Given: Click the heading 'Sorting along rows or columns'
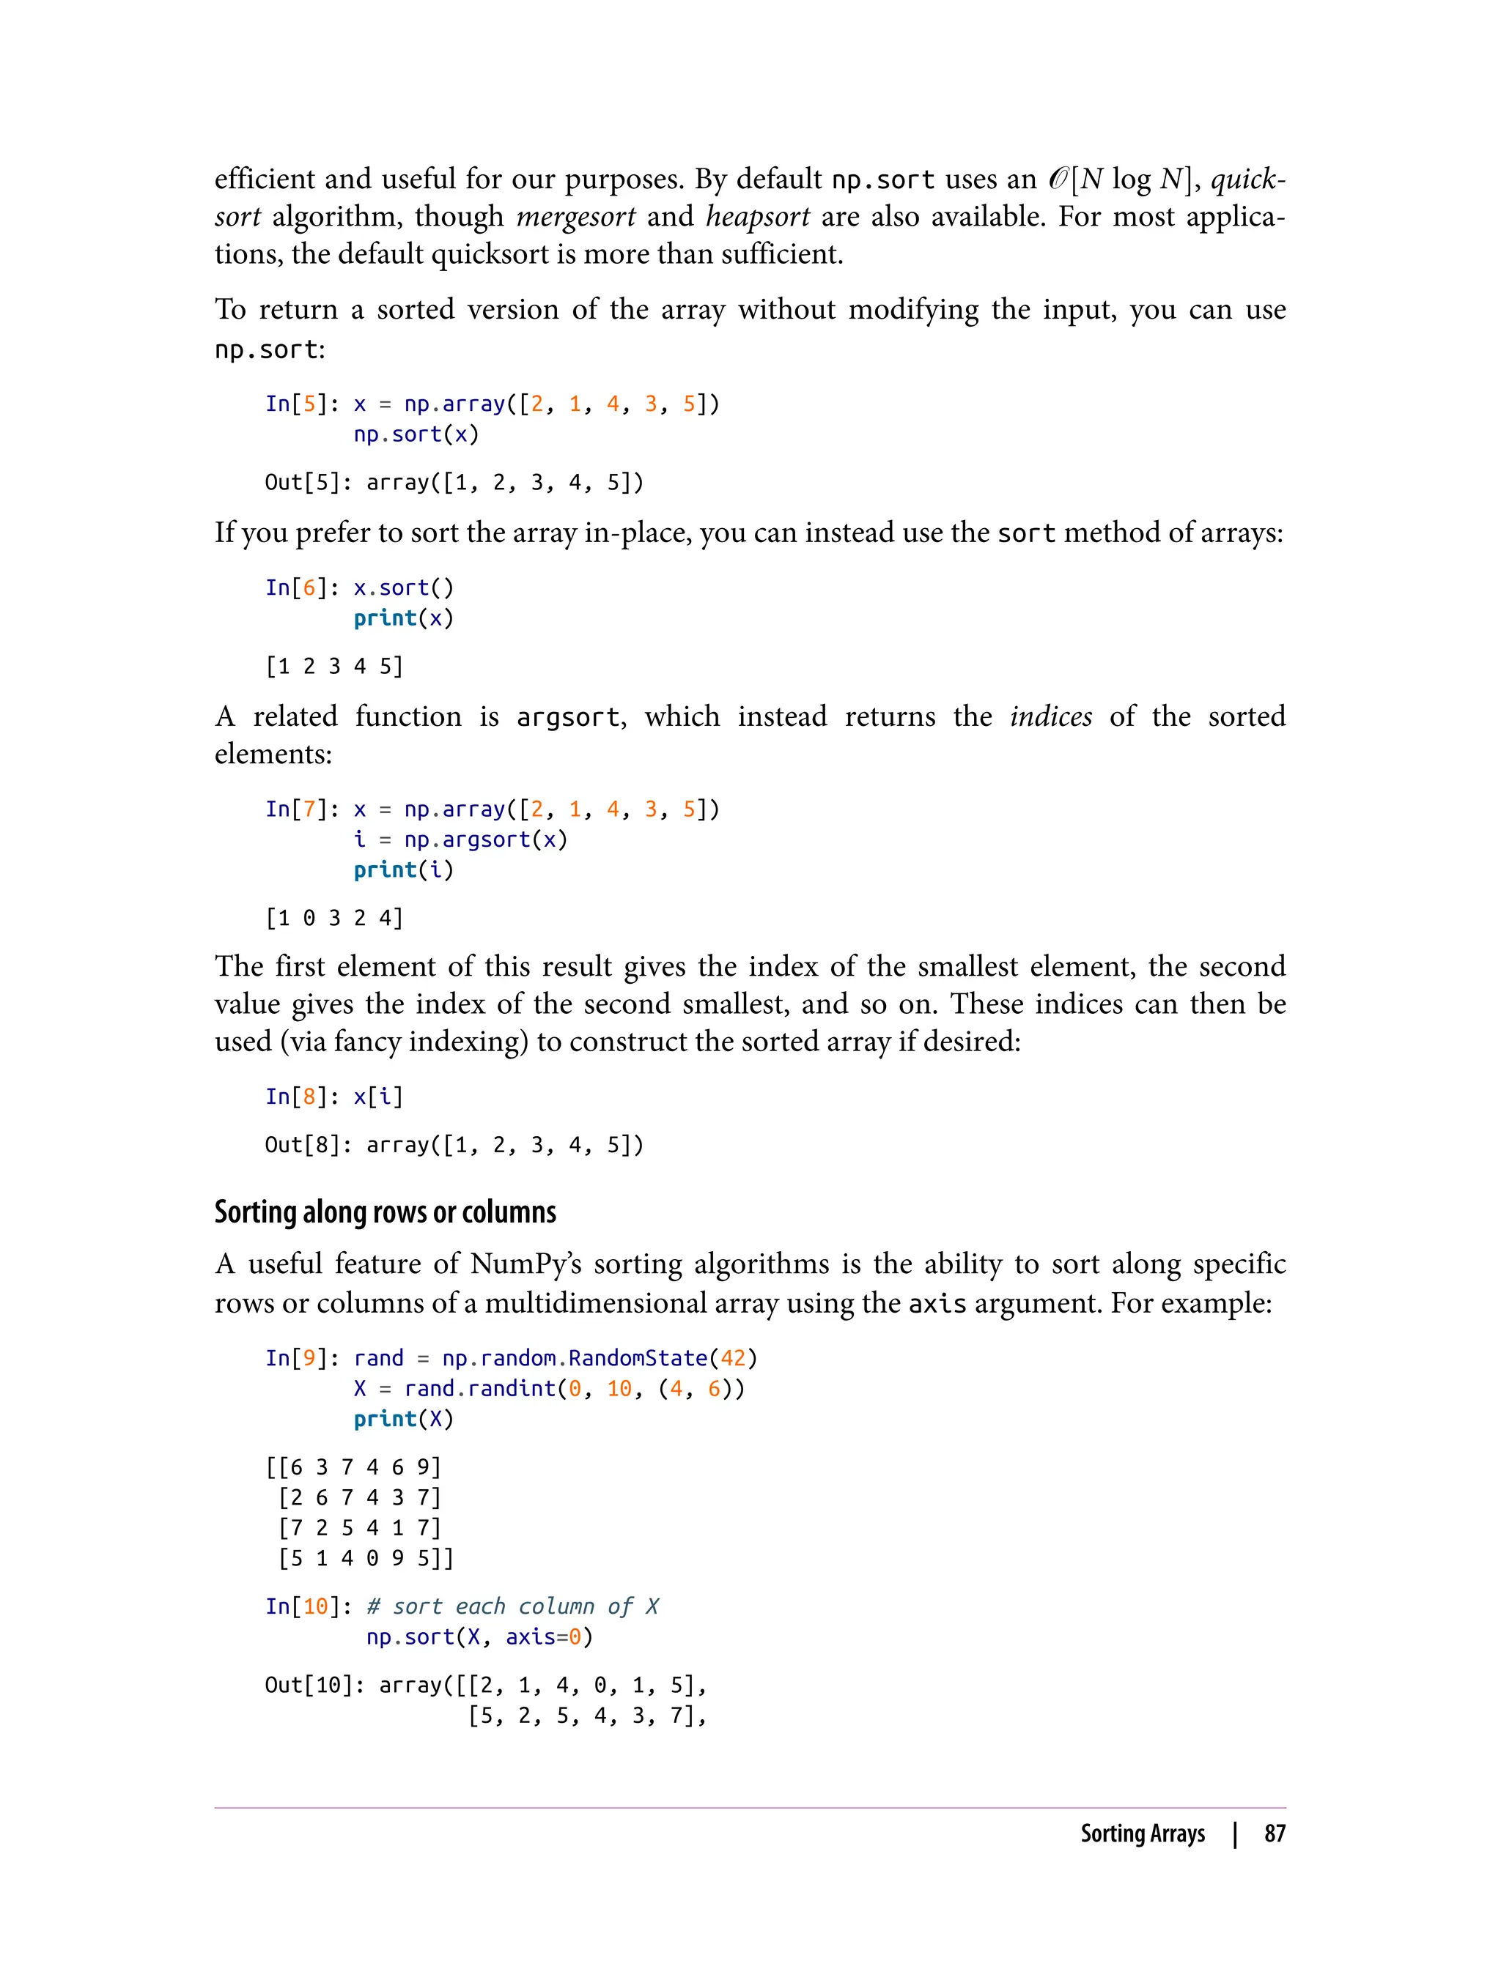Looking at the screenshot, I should tap(385, 1212).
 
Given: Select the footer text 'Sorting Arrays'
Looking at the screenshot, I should tap(1142, 1833).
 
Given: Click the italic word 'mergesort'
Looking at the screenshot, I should tap(575, 216).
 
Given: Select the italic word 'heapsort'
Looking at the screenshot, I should tap(758, 216).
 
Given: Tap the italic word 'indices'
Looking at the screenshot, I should tap(1051, 716).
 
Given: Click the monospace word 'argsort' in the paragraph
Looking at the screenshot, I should tap(567, 717).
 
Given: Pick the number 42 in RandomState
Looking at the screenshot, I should tap(733, 1358).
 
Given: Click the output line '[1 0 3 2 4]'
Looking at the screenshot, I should tap(334, 918).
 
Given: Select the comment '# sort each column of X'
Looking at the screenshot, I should tap(512, 1606).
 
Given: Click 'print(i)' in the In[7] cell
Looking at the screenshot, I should tap(404, 869).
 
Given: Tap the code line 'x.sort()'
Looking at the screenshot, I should tap(404, 587).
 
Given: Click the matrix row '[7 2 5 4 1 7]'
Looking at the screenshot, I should tap(359, 1528).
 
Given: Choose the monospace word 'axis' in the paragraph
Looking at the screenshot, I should tap(937, 1304).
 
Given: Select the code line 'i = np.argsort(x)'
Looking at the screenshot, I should tap(460, 839).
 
